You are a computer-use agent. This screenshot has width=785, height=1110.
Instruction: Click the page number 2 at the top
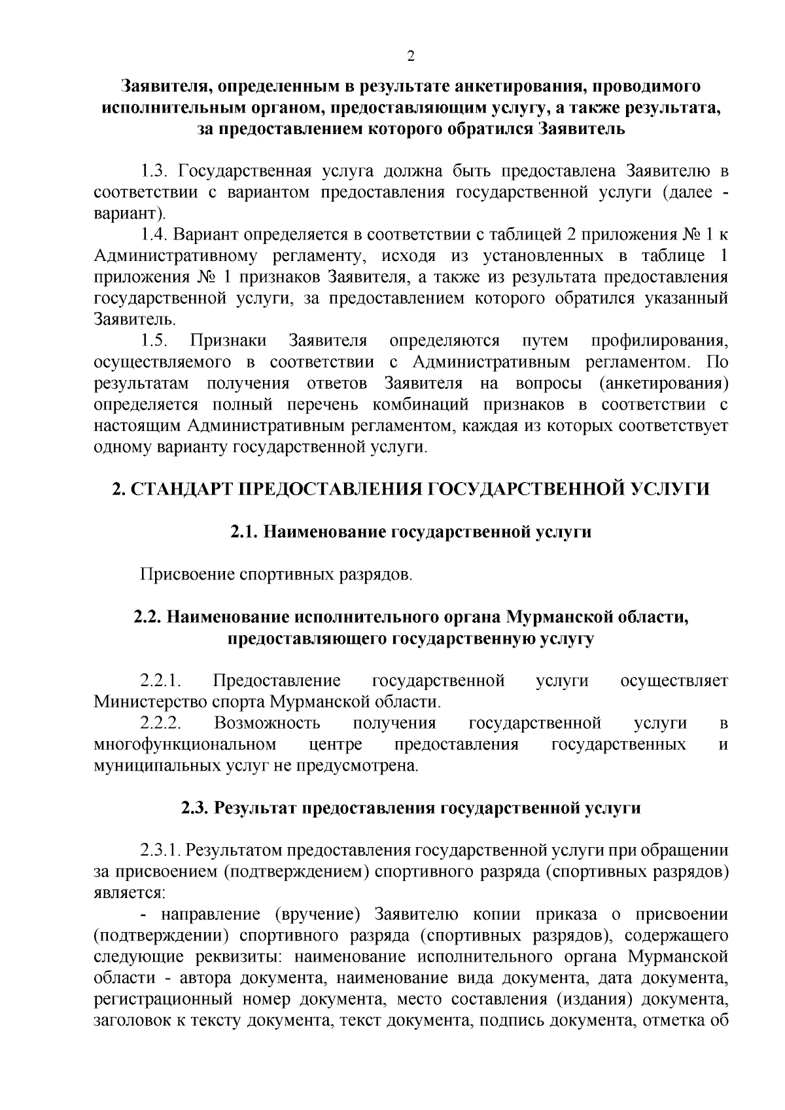(411, 56)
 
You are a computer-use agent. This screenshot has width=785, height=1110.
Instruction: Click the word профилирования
(659, 341)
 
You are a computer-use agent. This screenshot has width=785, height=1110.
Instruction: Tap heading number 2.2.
(149, 617)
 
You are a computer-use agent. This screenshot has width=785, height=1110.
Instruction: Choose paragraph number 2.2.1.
(160, 681)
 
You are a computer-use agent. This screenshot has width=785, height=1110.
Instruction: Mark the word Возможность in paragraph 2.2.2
(267, 723)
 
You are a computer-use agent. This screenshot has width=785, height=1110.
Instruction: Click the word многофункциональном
(184, 745)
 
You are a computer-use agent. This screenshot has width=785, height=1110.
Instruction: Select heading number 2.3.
(196, 808)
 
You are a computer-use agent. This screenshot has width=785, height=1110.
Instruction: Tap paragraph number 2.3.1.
(160, 851)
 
